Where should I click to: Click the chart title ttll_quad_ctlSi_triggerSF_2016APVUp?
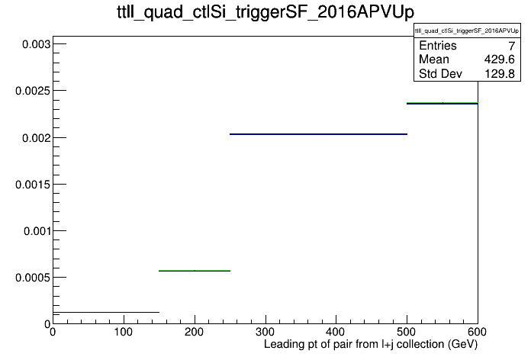pyautogui.click(x=265, y=12)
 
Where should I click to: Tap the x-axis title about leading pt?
pyautogui.click(x=371, y=345)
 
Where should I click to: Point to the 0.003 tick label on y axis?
pyautogui.click(x=36, y=44)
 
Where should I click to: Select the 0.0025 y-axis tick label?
pyautogui.click(x=33, y=91)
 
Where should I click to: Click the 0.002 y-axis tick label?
pyautogui.click(x=36, y=138)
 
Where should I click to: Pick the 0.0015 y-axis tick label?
pyautogui.click(x=33, y=185)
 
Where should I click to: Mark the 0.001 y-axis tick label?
pyautogui.click(x=37, y=231)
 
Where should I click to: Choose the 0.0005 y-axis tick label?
pyautogui.click(x=33, y=278)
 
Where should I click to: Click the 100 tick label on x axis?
pyautogui.click(x=124, y=332)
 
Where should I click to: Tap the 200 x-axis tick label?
pyautogui.click(x=195, y=332)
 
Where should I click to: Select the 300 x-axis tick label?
pyautogui.click(x=265, y=332)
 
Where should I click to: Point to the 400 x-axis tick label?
pyautogui.click(x=336, y=332)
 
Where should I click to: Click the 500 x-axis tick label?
pyautogui.click(x=407, y=332)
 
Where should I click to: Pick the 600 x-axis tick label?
pyautogui.click(x=477, y=332)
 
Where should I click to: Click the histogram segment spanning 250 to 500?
pyautogui.click(x=318, y=134)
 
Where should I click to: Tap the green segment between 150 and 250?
pyautogui.click(x=195, y=271)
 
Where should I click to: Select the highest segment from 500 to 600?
pyautogui.click(x=443, y=103)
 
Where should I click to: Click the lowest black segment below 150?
pyautogui.click(x=106, y=312)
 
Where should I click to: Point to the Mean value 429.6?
pyautogui.click(x=499, y=59)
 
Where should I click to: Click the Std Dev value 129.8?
pyautogui.click(x=500, y=74)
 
